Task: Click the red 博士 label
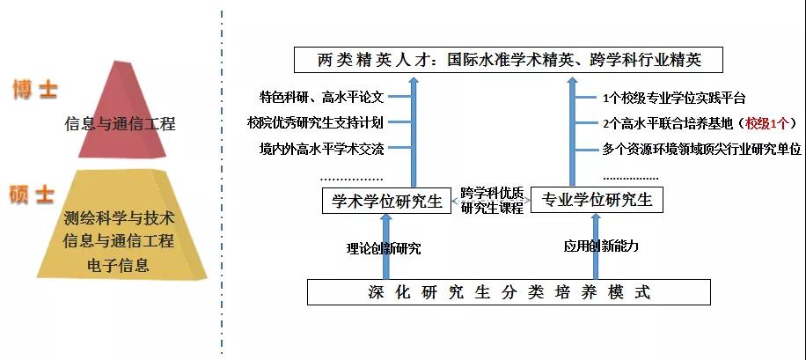tap(34, 90)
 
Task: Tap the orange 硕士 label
tap(33, 195)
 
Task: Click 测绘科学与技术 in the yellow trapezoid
tap(120, 217)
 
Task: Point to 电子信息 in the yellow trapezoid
tap(120, 264)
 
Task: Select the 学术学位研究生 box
tap(387, 201)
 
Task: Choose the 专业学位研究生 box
tap(598, 201)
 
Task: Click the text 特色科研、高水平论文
tap(322, 98)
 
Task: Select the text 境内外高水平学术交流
tap(321, 149)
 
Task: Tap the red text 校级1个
tap(769, 123)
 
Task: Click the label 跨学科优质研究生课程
tap(492, 201)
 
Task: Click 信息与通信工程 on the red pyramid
tap(120, 124)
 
